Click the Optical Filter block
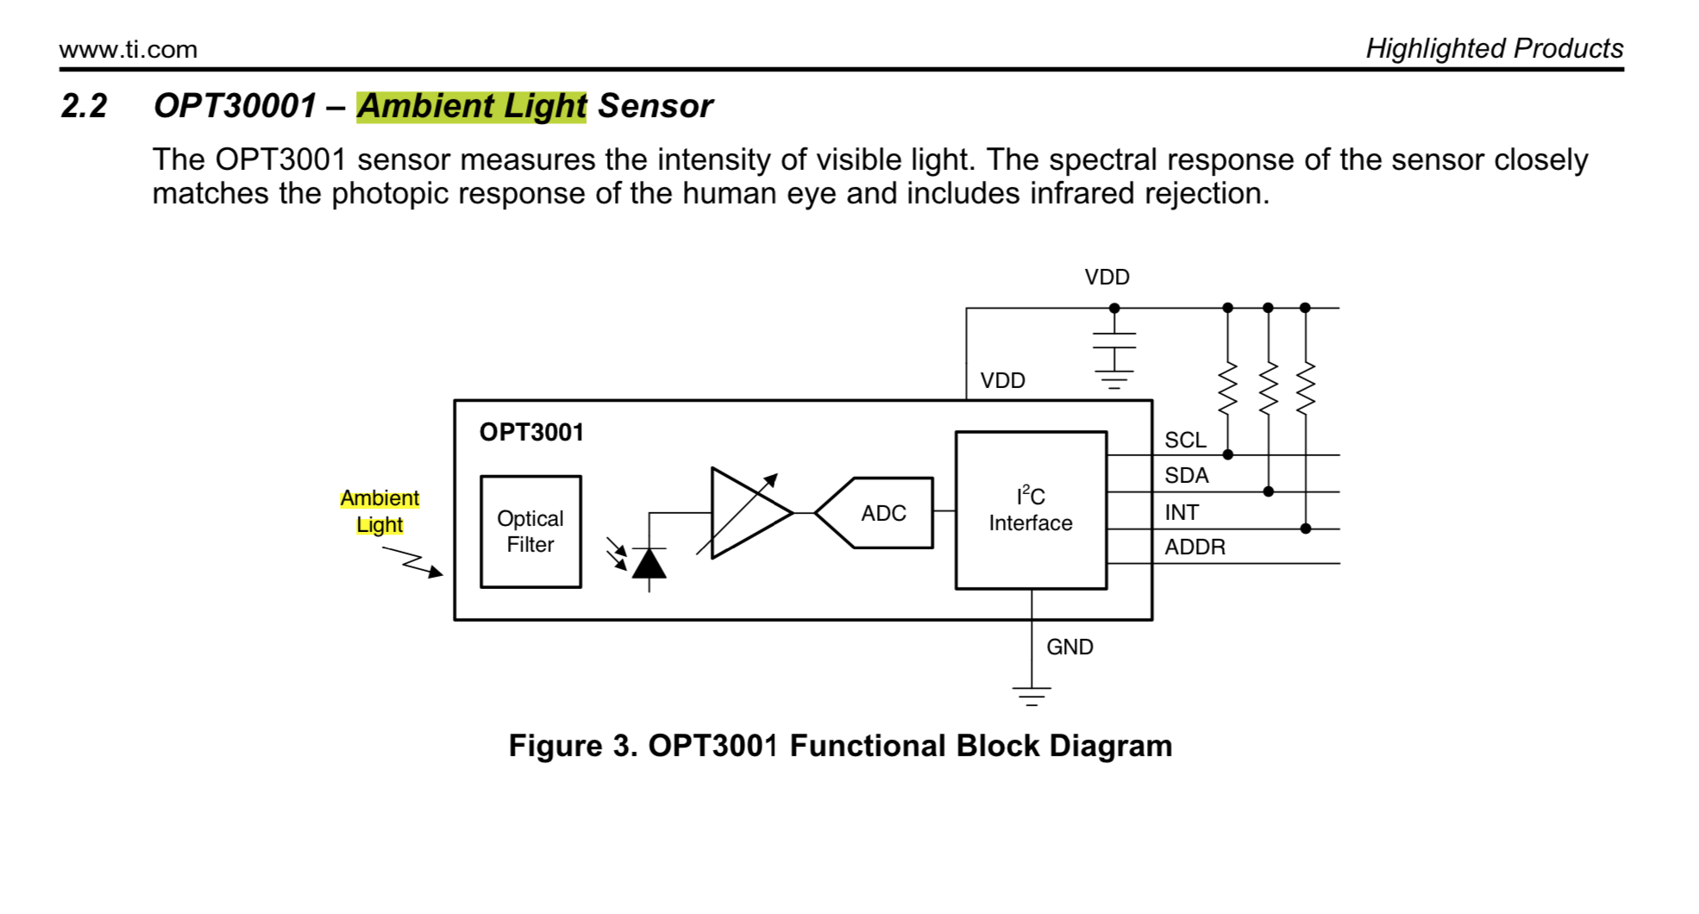(x=530, y=531)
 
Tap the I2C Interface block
(x=1031, y=510)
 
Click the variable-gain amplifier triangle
(x=747, y=513)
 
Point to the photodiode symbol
(x=649, y=564)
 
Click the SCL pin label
(x=1185, y=440)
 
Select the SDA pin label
(x=1186, y=475)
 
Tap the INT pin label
(x=1182, y=512)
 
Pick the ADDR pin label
(x=1194, y=547)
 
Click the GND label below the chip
(x=1069, y=647)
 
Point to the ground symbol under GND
(x=1031, y=696)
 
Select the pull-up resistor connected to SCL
(x=1228, y=388)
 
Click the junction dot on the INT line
(x=1306, y=529)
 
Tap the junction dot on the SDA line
(x=1268, y=491)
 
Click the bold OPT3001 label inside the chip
(x=531, y=432)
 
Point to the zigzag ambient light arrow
(x=412, y=561)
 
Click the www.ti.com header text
(x=129, y=49)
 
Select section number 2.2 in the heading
(x=85, y=106)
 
